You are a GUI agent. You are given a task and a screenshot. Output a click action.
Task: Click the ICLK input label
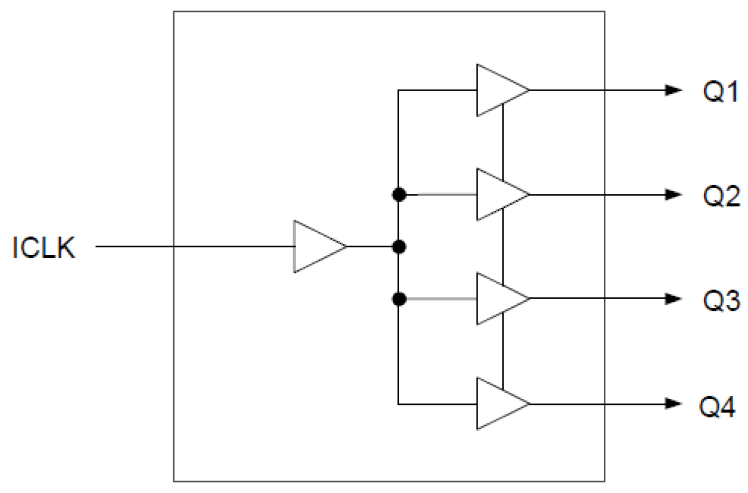44,247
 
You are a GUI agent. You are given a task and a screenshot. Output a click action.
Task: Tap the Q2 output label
721,195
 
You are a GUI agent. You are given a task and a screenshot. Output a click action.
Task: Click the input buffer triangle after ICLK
316,246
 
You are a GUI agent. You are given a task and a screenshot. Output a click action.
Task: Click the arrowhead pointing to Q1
674,91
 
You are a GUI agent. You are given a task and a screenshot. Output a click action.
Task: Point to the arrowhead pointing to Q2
674,194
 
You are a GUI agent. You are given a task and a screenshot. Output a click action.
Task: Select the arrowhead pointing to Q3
674,298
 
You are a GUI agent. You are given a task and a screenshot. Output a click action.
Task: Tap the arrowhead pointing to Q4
674,403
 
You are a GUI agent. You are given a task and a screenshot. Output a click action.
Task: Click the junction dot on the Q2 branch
399,194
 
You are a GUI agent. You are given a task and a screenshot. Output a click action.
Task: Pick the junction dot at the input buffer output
399,246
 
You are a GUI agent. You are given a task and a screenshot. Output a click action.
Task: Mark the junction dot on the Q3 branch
399,298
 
